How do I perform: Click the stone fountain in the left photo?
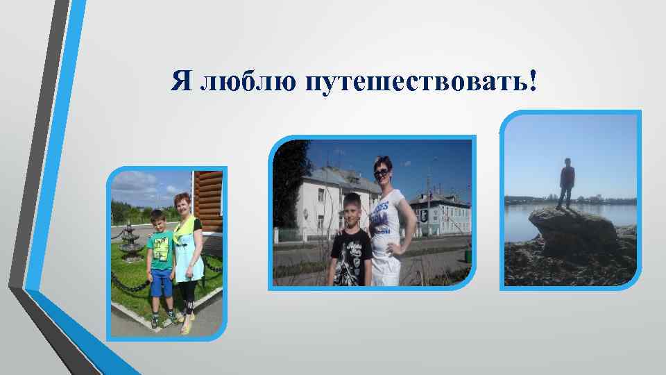130,243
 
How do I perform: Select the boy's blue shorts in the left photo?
162,282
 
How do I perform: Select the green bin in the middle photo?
468,256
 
